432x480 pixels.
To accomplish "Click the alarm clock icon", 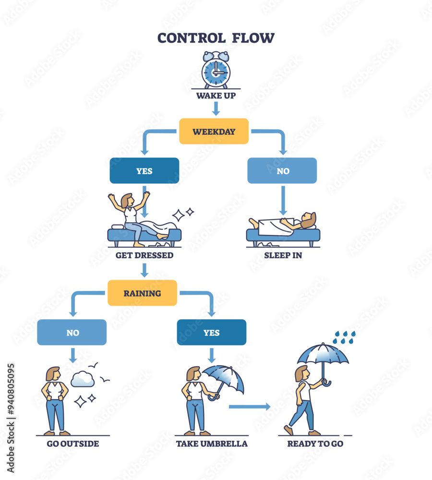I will tap(216, 71).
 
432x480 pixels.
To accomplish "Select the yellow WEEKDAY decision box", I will tap(214, 131).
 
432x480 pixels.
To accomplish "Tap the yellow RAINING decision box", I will tap(142, 293).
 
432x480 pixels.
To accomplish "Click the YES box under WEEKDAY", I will tap(144, 171).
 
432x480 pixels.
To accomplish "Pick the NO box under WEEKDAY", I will tap(282, 171).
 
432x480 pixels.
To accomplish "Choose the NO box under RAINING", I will tap(72, 332).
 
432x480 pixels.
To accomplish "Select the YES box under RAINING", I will tap(211, 332).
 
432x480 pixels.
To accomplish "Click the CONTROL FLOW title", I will tap(216, 38).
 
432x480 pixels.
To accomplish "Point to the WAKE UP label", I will tap(216, 96).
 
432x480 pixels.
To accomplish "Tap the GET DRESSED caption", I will tap(144, 255).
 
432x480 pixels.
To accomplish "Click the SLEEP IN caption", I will tap(283, 255).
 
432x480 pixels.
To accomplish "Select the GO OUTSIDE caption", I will tap(73, 444).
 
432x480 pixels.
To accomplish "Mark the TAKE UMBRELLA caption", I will tap(212, 444).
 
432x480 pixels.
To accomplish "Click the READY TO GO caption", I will tap(315, 444).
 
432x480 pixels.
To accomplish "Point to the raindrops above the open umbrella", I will tap(344, 336).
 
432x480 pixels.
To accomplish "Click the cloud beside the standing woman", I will tap(83, 380).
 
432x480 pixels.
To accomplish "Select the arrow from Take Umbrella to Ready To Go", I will tap(250, 407).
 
